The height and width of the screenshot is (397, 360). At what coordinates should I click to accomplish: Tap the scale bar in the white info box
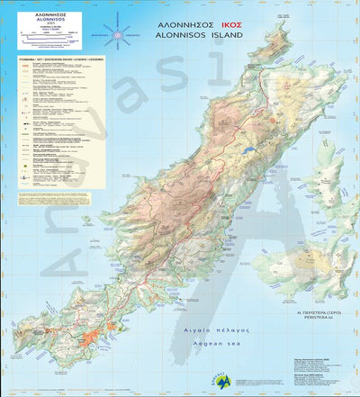(51, 40)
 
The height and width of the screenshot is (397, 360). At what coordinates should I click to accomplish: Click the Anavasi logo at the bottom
(215, 379)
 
